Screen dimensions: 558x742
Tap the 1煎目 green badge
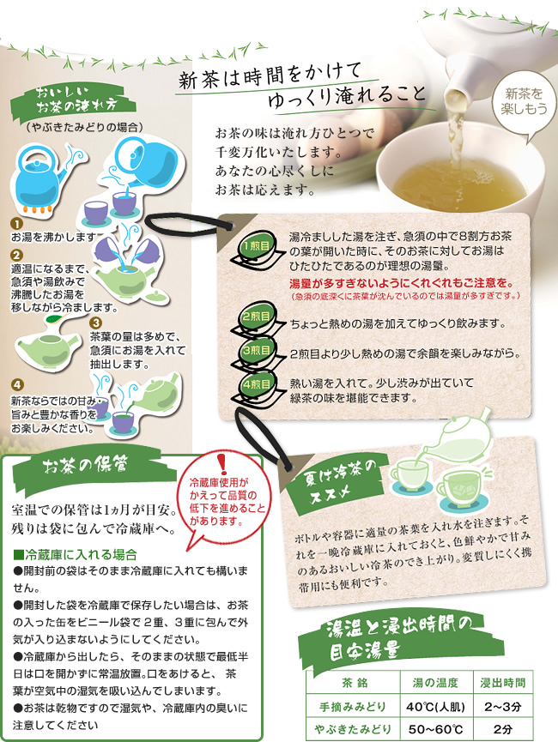(257, 246)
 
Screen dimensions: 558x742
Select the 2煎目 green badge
(257, 316)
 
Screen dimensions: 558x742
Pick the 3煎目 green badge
(257, 351)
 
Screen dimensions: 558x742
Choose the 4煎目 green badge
(257, 383)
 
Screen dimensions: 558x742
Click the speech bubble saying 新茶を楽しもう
(524, 103)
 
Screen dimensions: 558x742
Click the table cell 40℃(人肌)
(436, 707)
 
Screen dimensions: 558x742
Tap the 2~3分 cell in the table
(503, 707)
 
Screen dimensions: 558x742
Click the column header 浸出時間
(503, 683)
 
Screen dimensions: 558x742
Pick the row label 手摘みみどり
(353, 707)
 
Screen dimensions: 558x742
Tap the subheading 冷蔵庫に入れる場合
(76, 554)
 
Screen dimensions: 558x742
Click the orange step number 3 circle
(95, 323)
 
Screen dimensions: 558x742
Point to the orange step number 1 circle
(16, 224)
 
